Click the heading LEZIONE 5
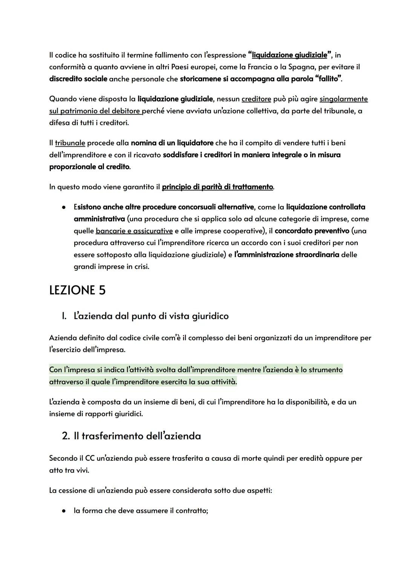[77, 290]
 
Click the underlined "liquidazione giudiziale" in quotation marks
[289, 55]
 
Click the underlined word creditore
[256, 99]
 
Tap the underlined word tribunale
[70, 143]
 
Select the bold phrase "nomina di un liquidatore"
[172, 143]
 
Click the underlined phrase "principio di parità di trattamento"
[217, 187]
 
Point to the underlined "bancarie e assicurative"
[134, 231]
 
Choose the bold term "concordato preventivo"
[312, 231]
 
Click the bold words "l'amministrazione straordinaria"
[286, 255]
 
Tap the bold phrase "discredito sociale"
[78, 79]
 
